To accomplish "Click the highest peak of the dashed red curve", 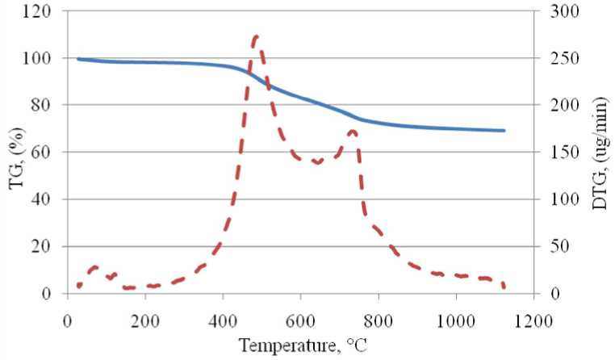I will pyautogui.click(x=255, y=36).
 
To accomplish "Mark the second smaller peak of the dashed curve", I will pyautogui.click(x=353, y=131).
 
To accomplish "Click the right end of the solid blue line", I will pyautogui.click(x=504, y=130).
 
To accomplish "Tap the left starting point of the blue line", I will pyautogui.click(x=78, y=59).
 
